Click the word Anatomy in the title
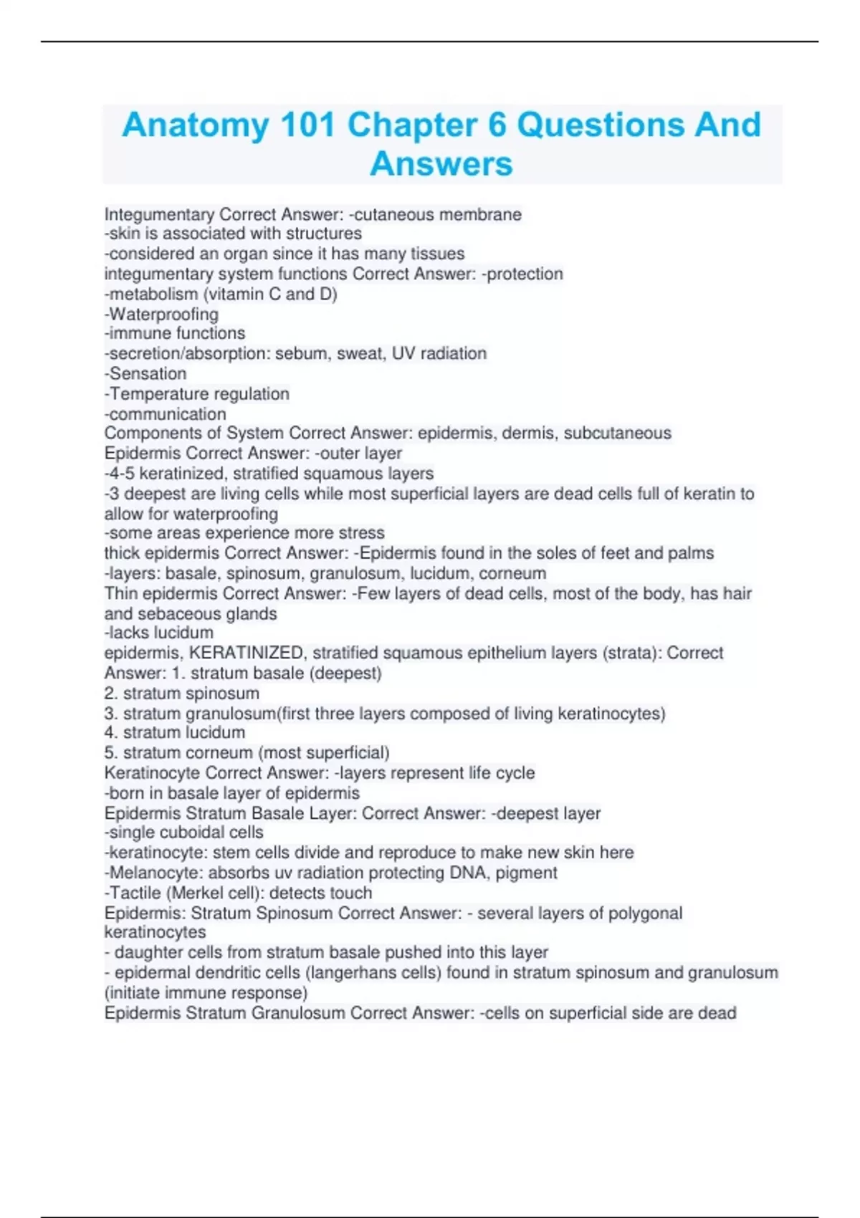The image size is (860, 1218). coord(194,126)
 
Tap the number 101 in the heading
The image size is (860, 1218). coord(307,126)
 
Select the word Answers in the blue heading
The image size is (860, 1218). coord(441,164)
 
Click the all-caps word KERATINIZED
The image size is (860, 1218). coord(244,653)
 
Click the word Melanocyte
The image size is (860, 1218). coord(156,873)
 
